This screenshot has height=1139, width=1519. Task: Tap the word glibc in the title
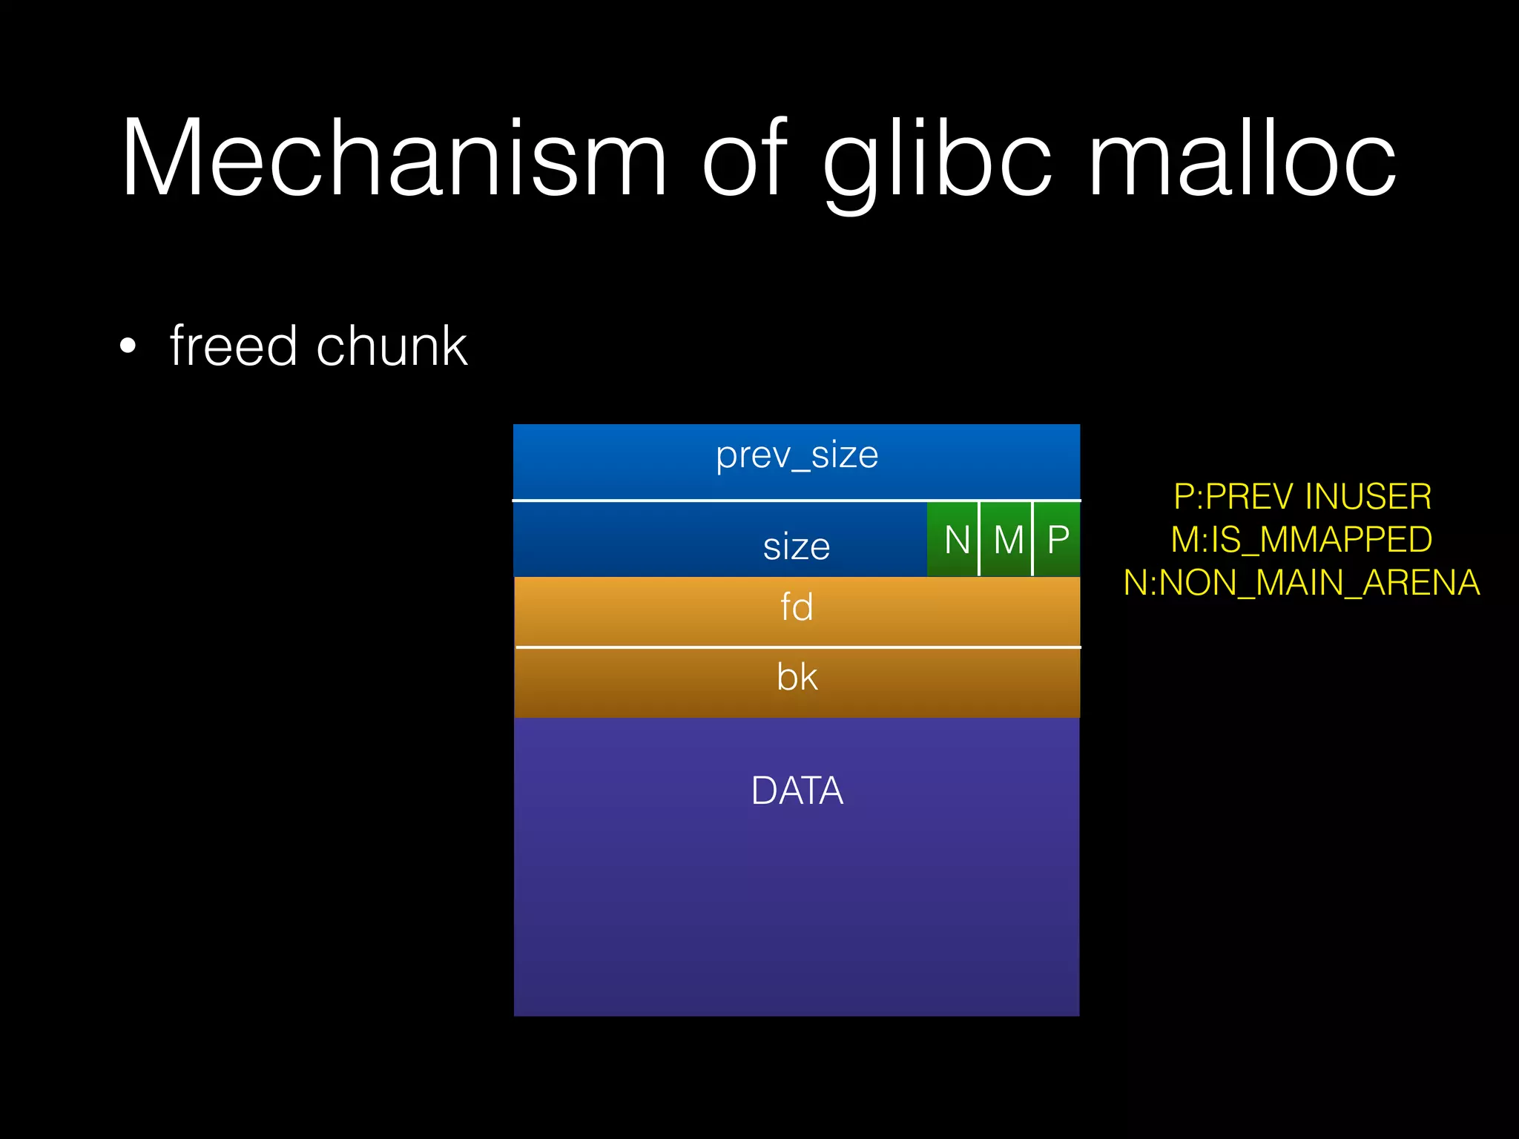(938, 159)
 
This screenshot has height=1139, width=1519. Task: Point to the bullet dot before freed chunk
(128, 346)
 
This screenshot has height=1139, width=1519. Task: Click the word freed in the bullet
(233, 346)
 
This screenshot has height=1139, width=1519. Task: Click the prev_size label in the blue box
(797, 455)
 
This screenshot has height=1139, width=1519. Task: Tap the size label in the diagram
(797, 547)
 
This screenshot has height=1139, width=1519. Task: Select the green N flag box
(954, 539)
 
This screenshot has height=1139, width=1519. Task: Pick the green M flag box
(1006, 539)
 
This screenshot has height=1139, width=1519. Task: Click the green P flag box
(1058, 539)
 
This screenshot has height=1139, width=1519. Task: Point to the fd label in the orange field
(797, 607)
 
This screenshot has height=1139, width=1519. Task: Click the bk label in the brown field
(797, 677)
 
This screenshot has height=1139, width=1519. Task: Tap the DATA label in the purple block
(797, 790)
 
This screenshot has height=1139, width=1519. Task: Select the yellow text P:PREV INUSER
(1302, 497)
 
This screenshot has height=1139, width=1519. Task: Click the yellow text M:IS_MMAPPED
(1302, 539)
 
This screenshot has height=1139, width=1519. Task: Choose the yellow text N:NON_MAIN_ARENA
(1302, 583)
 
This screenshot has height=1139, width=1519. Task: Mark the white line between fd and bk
(797, 647)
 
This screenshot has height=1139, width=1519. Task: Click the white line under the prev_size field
(797, 501)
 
